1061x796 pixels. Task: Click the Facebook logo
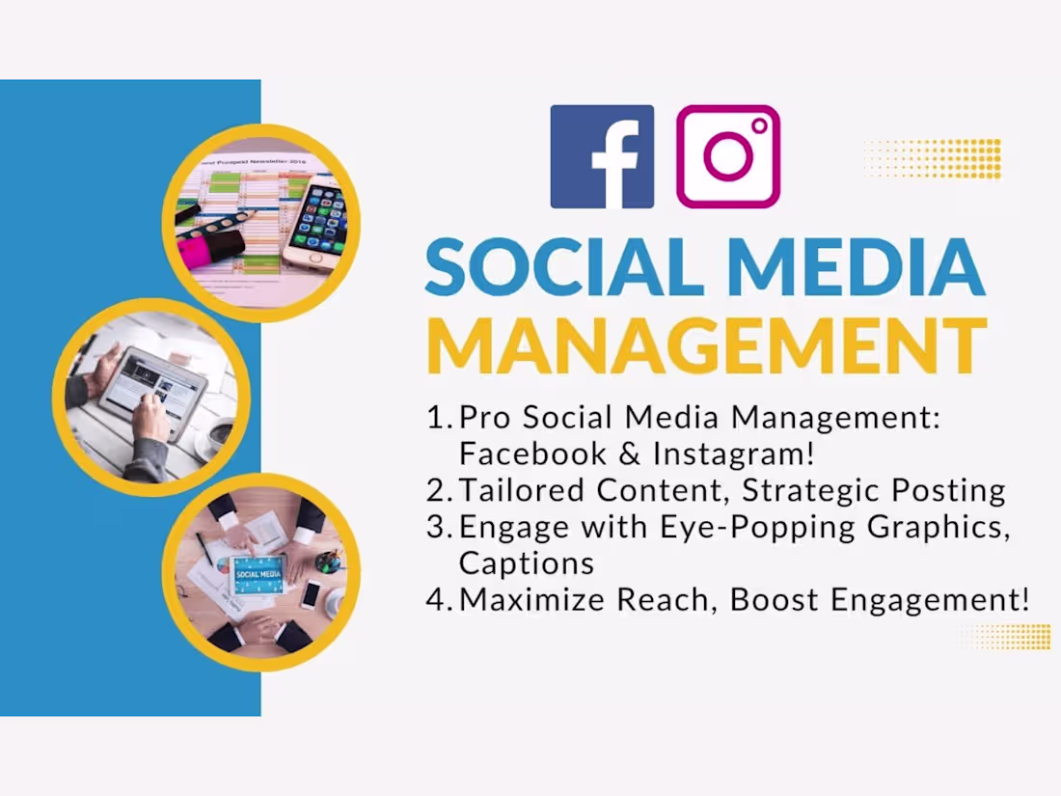[x=602, y=156]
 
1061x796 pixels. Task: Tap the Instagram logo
[x=728, y=156]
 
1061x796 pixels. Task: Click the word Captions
[x=527, y=563]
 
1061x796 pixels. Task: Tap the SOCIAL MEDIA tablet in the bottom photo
[x=257, y=573]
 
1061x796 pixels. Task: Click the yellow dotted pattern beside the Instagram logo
[x=933, y=158]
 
